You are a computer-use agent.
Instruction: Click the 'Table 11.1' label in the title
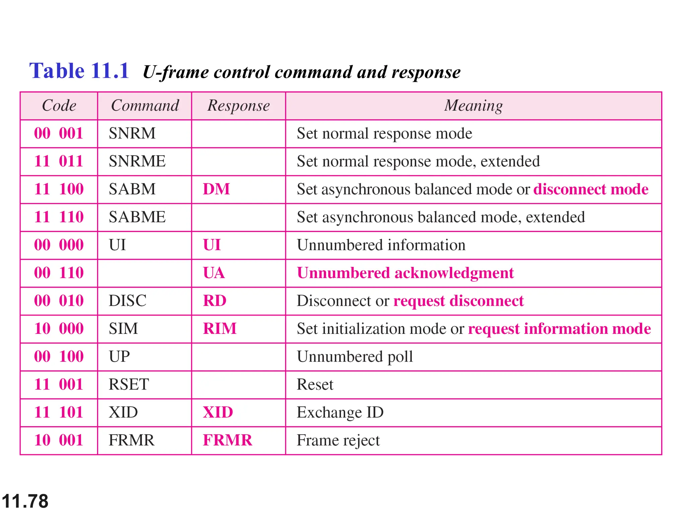[x=79, y=71]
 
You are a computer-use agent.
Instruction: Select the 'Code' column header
[x=59, y=106]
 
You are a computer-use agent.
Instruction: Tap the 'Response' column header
[x=238, y=106]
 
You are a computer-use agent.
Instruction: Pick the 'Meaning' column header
[x=473, y=106]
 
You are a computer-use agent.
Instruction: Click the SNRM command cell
[x=132, y=133]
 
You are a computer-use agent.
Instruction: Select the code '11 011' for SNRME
[x=59, y=161]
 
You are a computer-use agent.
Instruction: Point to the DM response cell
[x=216, y=189]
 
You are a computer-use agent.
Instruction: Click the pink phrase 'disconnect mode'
[x=591, y=189]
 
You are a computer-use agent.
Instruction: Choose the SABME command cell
[x=137, y=217]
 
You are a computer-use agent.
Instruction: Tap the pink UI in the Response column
[x=212, y=245]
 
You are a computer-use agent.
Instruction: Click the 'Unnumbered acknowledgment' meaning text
[x=405, y=273]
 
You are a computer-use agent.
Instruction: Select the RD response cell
[x=214, y=301]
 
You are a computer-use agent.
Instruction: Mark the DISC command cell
[x=127, y=301]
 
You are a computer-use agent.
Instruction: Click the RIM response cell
[x=219, y=329]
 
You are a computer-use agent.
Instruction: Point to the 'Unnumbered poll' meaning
[x=355, y=356]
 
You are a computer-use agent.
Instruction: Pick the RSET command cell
[x=129, y=384]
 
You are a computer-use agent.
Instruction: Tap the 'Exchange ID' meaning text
[x=340, y=412]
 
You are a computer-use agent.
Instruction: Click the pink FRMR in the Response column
[x=227, y=440]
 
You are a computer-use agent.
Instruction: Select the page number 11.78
[x=25, y=502]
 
